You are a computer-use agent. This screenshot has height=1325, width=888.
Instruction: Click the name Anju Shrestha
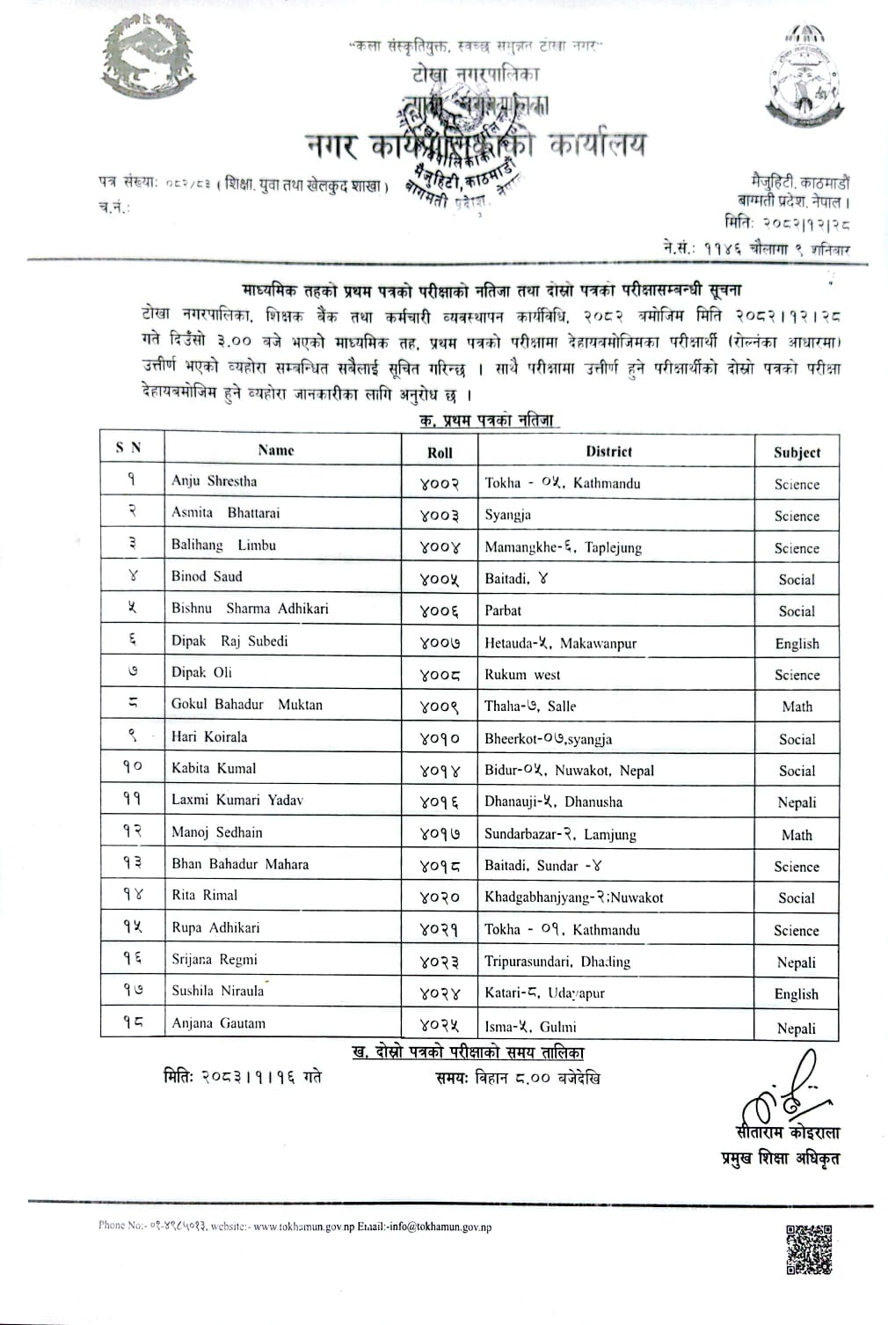coord(215,481)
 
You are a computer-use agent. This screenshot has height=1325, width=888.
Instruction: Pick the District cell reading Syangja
coord(508,515)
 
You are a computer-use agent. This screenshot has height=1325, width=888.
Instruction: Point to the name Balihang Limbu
coord(223,545)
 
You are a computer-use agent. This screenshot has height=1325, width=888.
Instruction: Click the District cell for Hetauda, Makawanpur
coord(560,643)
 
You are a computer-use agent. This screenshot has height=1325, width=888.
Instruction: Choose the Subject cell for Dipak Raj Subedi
coord(797,643)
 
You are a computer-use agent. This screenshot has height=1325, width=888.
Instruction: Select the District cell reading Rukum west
coord(522,675)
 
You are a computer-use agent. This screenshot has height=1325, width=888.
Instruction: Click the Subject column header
coord(797,452)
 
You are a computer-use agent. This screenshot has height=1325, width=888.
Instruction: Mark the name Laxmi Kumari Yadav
coord(237,800)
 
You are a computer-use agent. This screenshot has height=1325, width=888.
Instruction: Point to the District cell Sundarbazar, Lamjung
coord(560,834)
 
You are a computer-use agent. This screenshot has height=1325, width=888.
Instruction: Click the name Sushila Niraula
coord(218,991)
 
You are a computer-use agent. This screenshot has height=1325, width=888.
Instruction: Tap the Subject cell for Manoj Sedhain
coord(797,834)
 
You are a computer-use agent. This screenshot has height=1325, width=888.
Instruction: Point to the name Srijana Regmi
coord(215,959)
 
